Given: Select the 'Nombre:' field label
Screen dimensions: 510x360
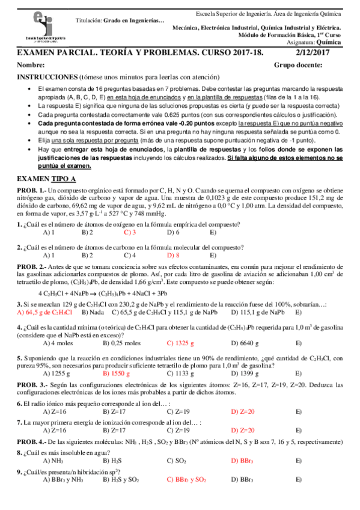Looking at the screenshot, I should pos(29,66).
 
